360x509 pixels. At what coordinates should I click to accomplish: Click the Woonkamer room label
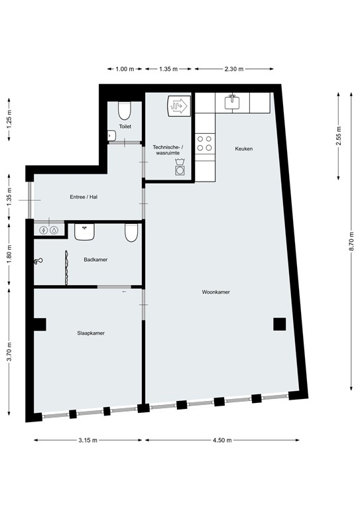216,292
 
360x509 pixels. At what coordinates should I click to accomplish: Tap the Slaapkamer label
91,333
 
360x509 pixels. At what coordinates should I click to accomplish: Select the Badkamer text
95,260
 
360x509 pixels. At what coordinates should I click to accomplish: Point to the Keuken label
244,148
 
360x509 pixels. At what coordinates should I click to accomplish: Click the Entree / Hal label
84,197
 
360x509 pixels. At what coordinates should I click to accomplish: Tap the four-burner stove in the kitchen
205,143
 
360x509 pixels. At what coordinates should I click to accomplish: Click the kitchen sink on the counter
233,101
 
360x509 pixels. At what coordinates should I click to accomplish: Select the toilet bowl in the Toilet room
125,111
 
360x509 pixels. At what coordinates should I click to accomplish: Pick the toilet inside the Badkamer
131,233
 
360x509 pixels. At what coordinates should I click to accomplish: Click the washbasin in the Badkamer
84,231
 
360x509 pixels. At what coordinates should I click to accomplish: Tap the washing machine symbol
180,168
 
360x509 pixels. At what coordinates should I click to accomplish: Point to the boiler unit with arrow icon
179,106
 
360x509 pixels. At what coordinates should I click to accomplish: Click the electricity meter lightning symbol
44,231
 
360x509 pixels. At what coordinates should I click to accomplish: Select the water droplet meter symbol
54,231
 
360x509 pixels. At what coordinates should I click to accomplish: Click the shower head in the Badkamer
38,260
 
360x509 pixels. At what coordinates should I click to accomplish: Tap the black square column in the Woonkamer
280,324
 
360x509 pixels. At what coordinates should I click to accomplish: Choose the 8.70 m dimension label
351,241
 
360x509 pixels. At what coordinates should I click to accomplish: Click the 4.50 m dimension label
222,441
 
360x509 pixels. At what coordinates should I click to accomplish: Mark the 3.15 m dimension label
88,441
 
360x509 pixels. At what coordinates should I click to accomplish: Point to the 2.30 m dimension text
234,69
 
